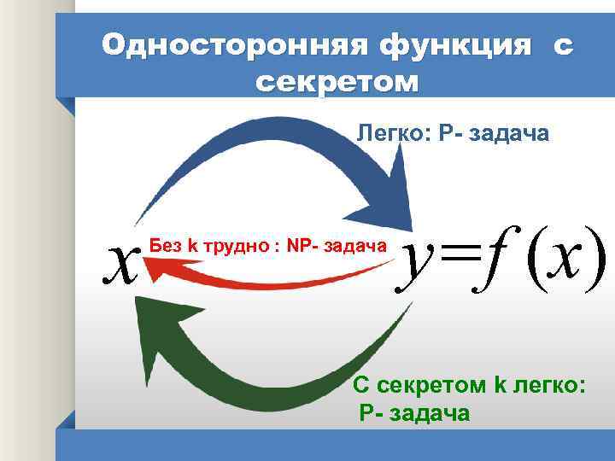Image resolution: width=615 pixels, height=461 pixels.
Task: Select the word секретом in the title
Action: click(337, 83)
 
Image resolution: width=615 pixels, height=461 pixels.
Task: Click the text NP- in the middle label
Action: click(302, 247)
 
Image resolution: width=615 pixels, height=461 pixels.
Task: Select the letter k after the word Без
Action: click(192, 247)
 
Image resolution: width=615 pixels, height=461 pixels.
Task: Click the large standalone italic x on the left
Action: click(122, 260)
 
